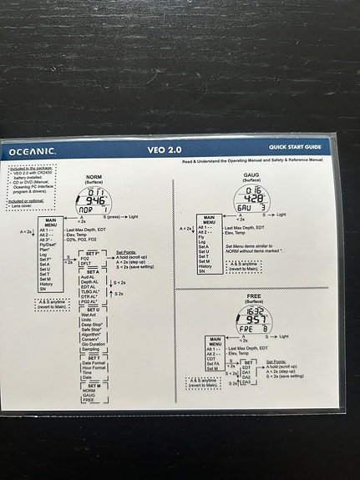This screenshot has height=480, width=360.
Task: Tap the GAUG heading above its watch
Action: click(x=251, y=175)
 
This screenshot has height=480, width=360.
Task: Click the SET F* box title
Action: click(x=93, y=252)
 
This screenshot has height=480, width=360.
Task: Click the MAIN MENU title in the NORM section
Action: click(x=51, y=223)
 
